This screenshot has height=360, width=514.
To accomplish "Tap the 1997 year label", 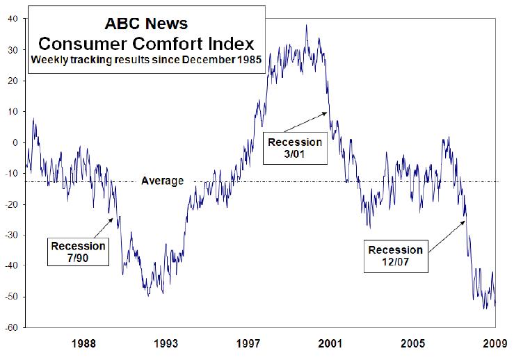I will (248, 343).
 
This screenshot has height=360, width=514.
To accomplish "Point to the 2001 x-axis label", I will (330, 343).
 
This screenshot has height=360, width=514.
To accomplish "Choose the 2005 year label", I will (412, 343).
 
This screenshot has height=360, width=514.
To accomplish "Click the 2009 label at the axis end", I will (495, 343).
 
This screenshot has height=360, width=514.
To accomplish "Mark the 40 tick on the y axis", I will (14, 19).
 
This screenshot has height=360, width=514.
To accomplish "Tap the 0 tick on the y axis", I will (17, 142).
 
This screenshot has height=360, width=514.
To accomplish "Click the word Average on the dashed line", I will (162, 181).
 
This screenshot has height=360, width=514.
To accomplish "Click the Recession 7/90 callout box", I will (78, 252).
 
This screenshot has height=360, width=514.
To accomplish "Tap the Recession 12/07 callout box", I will (395, 256).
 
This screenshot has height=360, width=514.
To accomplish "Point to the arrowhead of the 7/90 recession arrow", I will (114, 218).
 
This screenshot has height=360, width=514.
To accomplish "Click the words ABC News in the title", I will (145, 22).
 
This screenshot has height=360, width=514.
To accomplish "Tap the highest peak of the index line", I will (307, 26).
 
